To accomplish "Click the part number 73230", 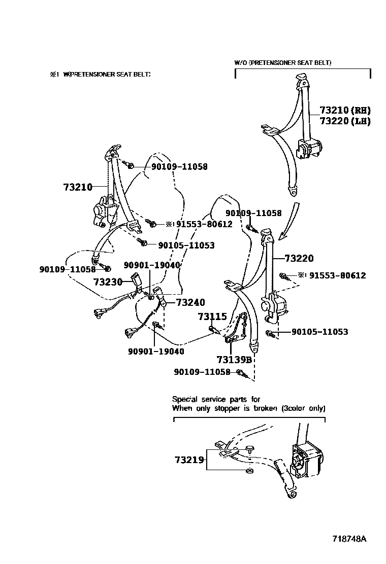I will click(108, 281).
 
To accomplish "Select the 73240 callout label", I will click(190, 303).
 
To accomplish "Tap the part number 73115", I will click(212, 316).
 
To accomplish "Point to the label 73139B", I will click(234, 360).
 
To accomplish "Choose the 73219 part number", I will click(189, 460).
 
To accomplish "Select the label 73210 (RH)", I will click(345, 110).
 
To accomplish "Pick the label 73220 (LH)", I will click(345, 121).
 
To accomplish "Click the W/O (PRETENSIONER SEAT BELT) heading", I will click(283, 62).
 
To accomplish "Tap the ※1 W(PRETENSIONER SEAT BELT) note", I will click(100, 74).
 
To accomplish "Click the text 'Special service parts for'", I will click(216, 399).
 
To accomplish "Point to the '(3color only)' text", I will click(303, 408).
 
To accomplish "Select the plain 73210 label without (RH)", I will click(78, 187).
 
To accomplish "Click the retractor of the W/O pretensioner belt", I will click(310, 149).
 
